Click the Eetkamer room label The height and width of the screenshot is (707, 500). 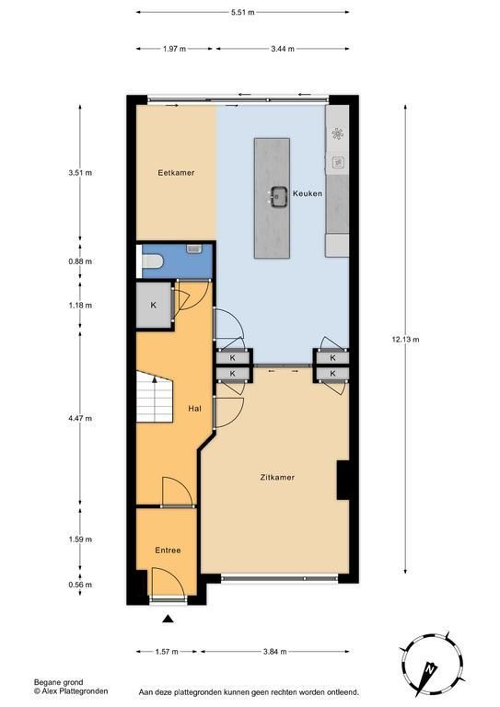pyautogui.click(x=176, y=173)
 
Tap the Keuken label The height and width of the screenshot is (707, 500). pyautogui.click(x=308, y=193)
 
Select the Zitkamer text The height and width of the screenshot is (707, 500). pyautogui.click(x=277, y=477)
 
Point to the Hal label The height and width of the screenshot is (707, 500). pyautogui.click(x=195, y=409)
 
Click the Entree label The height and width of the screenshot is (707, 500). pyautogui.click(x=168, y=551)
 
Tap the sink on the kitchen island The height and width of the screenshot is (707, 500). pyautogui.click(x=280, y=197)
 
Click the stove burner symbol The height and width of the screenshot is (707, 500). pyautogui.click(x=337, y=133)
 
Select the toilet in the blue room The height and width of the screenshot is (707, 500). pyautogui.click(x=152, y=261)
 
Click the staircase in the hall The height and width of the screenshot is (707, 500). pyautogui.click(x=155, y=397)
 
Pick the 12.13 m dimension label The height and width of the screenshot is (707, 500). pyautogui.click(x=405, y=340)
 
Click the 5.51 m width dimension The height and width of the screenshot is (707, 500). pyautogui.click(x=242, y=13)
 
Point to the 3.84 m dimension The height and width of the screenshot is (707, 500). pyautogui.click(x=275, y=652)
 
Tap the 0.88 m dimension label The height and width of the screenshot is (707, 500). pyautogui.click(x=80, y=261)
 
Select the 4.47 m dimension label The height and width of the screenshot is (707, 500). pyautogui.click(x=80, y=419)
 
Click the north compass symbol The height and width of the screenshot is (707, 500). pyautogui.click(x=432, y=665)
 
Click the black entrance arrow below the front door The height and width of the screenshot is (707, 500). pyautogui.click(x=168, y=619)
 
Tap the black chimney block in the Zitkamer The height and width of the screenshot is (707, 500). pyautogui.click(x=343, y=480)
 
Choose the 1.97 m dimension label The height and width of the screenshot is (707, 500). pyautogui.click(x=174, y=49)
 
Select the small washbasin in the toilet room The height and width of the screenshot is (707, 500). pyautogui.click(x=194, y=249)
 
